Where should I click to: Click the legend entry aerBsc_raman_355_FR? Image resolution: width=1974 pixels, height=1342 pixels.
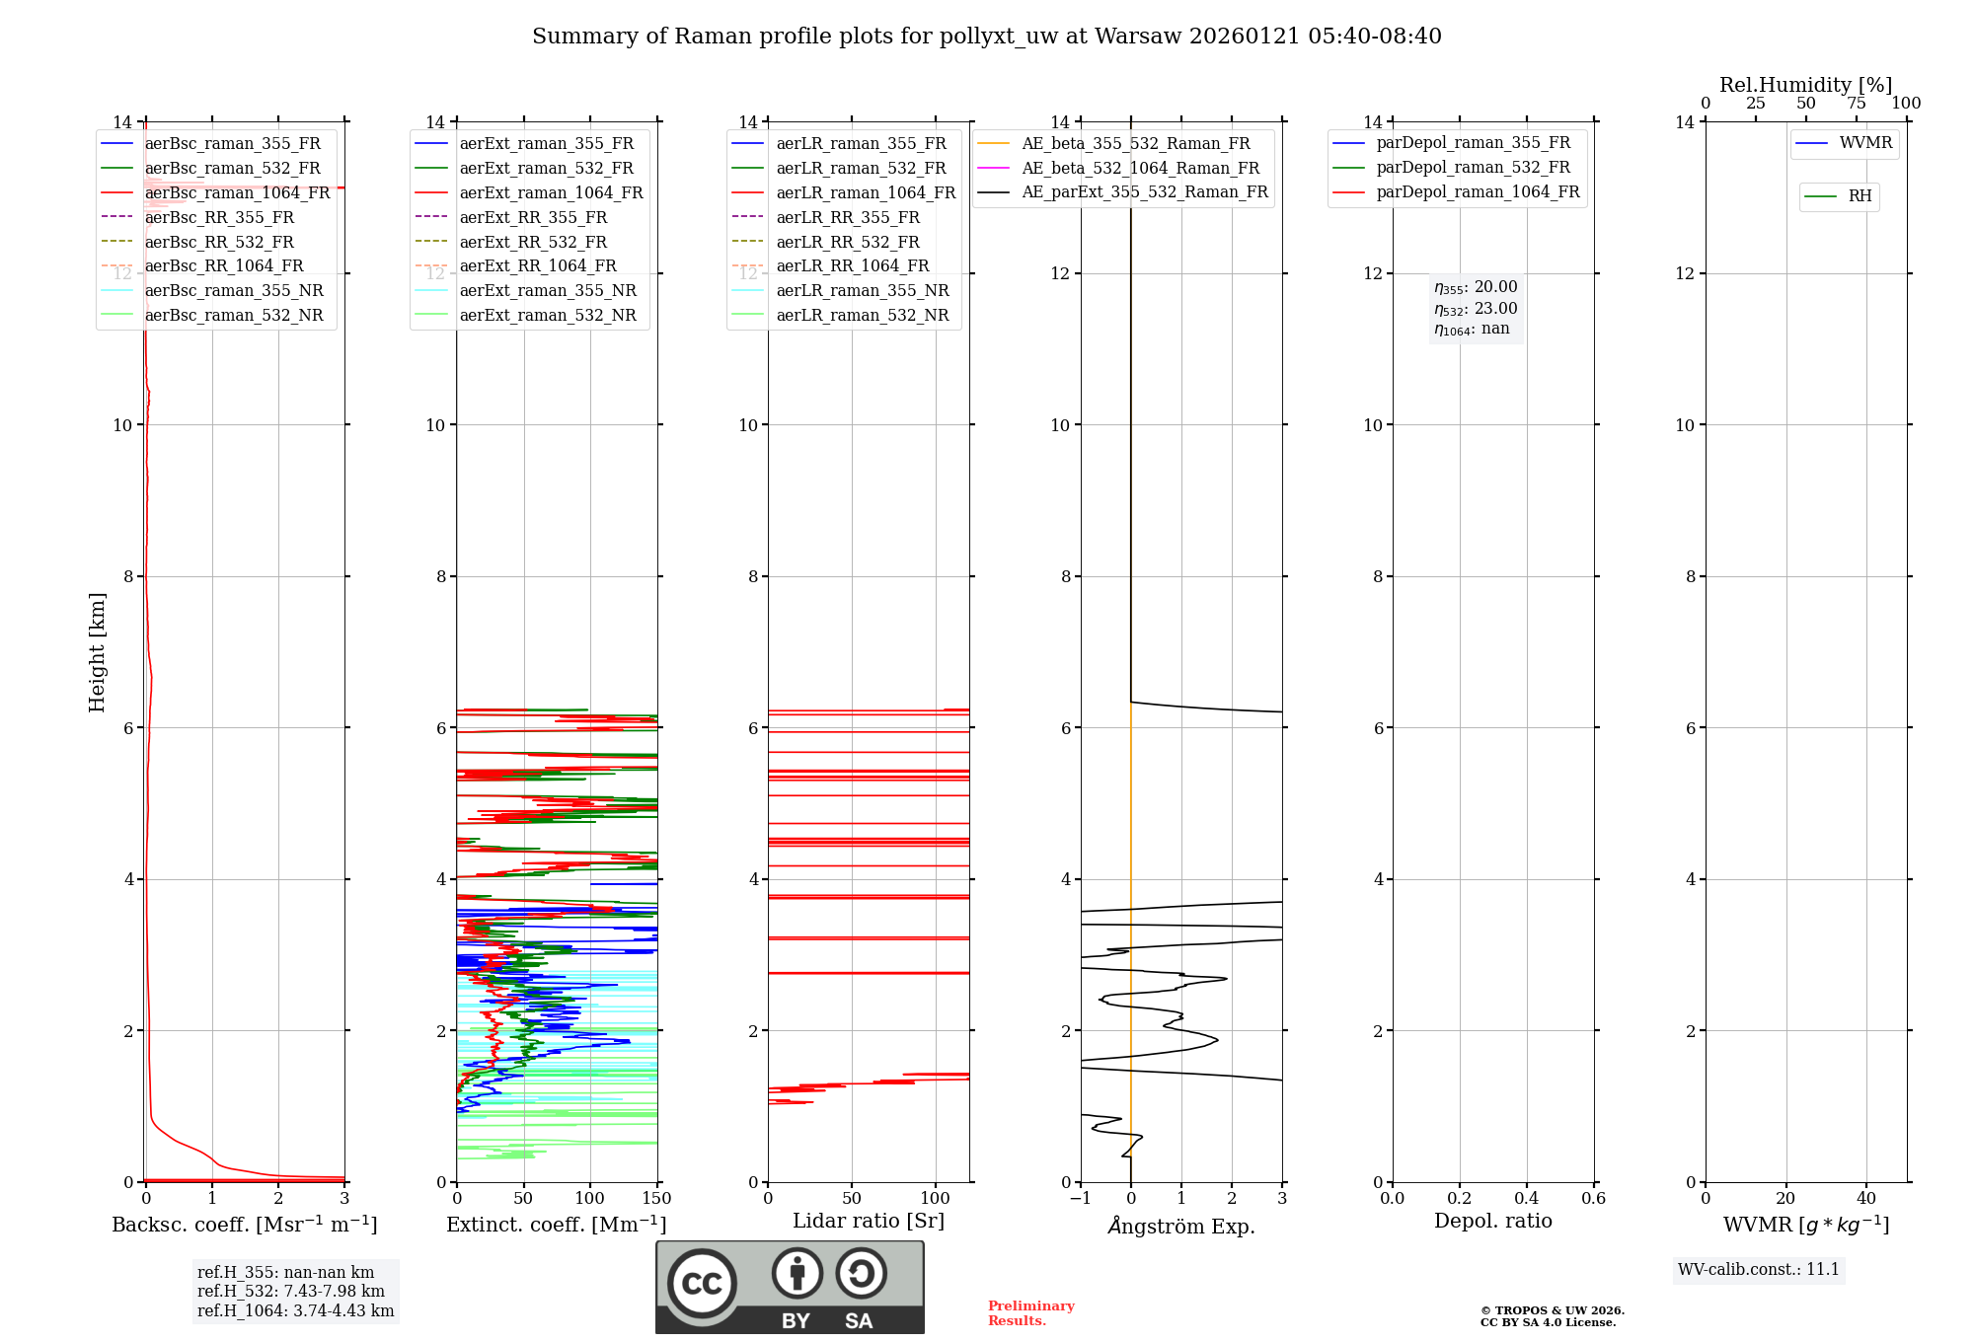click(x=232, y=144)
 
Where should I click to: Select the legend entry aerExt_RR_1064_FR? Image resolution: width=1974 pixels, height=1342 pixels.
click(x=537, y=266)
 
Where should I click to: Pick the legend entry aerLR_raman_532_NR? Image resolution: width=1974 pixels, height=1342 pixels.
click(x=862, y=316)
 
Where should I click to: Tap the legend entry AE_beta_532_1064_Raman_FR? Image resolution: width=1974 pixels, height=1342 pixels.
click(x=1140, y=169)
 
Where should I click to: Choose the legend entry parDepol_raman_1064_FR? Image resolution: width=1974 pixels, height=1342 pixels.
click(x=1478, y=192)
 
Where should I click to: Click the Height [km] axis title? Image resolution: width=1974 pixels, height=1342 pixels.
click(x=97, y=651)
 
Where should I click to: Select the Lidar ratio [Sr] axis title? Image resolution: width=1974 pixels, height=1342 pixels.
click(x=869, y=1222)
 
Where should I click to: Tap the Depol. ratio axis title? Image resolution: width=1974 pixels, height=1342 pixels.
click(x=1492, y=1222)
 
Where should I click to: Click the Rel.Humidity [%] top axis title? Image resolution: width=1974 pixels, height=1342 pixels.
click(x=1805, y=85)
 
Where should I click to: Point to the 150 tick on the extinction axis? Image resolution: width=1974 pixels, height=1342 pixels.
click(x=656, y=1199)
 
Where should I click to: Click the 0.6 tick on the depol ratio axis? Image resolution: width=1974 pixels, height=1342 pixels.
click(x=1593, y=1199)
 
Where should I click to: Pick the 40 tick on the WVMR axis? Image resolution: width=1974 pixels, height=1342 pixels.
click(x=1865, y=1199)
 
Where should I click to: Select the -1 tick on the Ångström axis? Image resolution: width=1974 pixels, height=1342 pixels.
click(x=1081, y=1199)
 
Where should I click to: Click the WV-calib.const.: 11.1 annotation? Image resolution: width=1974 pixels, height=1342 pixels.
click(x=1759, y=1270)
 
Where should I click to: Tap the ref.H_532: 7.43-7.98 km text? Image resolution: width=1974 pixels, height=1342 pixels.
click(x=290, y=1292)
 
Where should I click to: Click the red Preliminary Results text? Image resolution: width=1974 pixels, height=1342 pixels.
click(x=1030, y=1313)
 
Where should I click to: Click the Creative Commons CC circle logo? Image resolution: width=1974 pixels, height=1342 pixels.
click(x=702, y=1284)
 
